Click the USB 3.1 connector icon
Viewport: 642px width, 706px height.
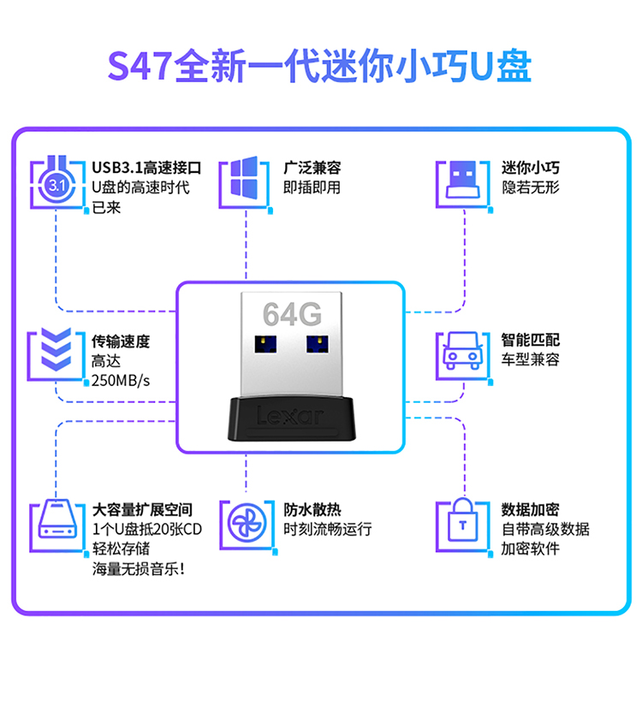tap(56, 181)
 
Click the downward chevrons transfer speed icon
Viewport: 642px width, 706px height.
tap(56, 352)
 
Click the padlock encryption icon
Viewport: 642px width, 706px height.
tap(462, 522)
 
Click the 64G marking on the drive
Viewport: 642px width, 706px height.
tap(292, 315)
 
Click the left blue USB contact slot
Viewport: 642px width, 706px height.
tap(265, 347)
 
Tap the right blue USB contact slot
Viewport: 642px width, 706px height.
tap(317, 347)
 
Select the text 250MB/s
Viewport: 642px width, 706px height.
tap(121, 380)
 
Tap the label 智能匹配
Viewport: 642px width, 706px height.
tap(531, 340)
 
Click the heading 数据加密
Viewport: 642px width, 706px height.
tap(531, 510)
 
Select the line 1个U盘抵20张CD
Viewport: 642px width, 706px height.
tap(147, 530)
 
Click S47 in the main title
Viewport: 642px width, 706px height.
tap(140, 68)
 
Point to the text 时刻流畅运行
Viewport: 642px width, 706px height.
tap(328, 530)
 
